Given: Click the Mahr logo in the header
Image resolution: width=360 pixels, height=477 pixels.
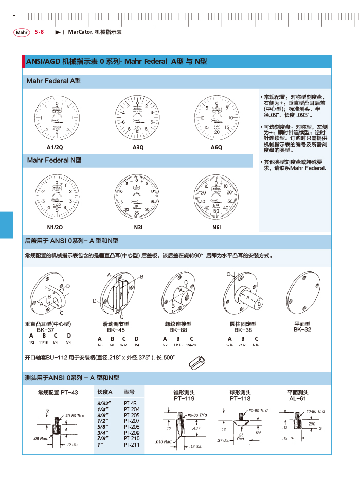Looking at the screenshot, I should (x=22, y=32).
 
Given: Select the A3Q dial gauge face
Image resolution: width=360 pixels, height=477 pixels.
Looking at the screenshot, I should (x=138, y=118).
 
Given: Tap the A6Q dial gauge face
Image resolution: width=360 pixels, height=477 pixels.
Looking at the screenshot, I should (x=217, y=118).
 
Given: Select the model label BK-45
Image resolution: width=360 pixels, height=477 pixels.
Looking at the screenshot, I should (x=116, y=330).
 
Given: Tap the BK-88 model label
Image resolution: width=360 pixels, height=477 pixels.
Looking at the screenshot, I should (x=178, y=330).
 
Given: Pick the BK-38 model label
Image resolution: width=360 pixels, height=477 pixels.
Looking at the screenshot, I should (x=243, y=330).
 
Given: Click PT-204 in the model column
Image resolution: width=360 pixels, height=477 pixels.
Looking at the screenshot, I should (x=132, y=409).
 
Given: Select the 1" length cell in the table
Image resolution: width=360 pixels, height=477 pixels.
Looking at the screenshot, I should (x=101, y=444).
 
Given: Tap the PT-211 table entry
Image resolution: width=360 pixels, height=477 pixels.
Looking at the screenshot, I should (x=132, y=444).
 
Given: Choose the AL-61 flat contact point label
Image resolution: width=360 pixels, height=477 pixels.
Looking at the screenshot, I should (x=297, y=398).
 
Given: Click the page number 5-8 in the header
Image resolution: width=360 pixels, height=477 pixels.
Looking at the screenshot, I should (x=39, y=32).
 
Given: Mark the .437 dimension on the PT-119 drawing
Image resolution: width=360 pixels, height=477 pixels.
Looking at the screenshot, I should (x=196, y=428).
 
